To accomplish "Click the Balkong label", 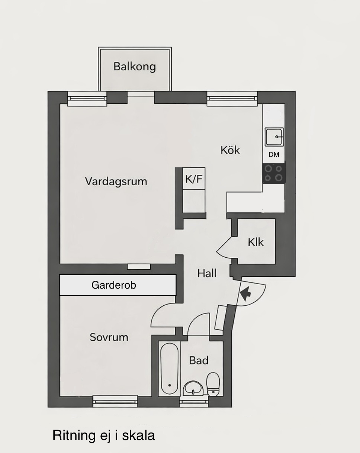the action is (135, 67).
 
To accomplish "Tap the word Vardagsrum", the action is (116, 181).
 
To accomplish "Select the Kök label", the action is (230, 150).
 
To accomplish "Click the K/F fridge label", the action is (194, 179).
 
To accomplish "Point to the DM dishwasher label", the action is (274, 155).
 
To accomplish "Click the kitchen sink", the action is (274, 137).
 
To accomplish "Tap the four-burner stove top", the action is (274, 173).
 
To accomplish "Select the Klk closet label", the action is (255, 242).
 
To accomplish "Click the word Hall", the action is (207, 273).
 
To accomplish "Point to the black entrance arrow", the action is (245, 293).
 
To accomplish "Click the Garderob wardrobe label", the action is (114, 285).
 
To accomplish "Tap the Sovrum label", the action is (109, 337).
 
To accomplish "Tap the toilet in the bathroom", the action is (213, 383).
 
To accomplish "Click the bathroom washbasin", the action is (193, 389).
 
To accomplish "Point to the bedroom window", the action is (115, 401).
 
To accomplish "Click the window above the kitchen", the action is (232, 98).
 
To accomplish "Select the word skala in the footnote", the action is (138, 434).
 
